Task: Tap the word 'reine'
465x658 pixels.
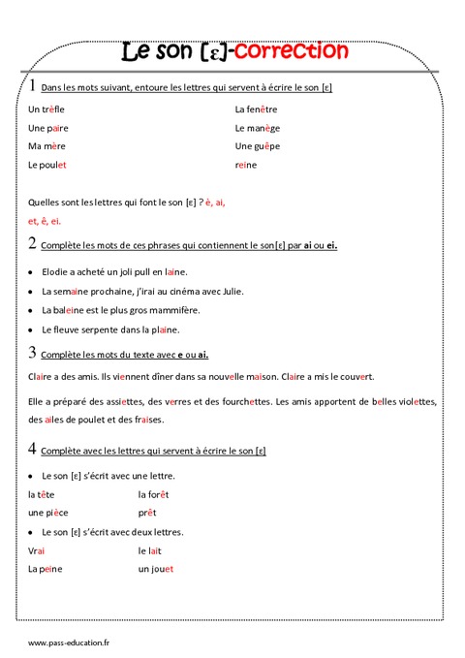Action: click(247, 165)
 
